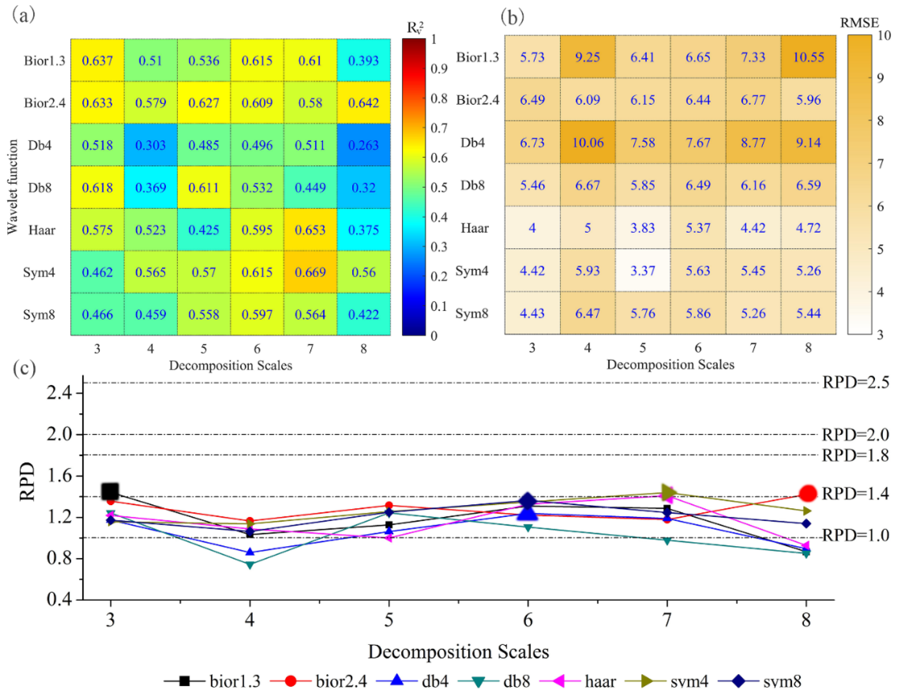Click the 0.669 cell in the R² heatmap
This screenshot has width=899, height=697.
pos(310,272)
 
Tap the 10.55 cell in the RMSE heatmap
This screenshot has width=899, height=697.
pos(808,57)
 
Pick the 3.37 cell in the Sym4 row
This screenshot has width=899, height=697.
pos(642,270)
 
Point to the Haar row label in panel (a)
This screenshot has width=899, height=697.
pos(42,230)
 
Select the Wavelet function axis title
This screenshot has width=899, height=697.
pos(12,187)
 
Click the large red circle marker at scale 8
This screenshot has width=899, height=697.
pos(808,493)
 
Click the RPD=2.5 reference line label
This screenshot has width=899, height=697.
pos(855,382)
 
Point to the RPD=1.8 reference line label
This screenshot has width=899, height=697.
pos(855,455)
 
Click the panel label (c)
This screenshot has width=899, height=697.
pos(24,368)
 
